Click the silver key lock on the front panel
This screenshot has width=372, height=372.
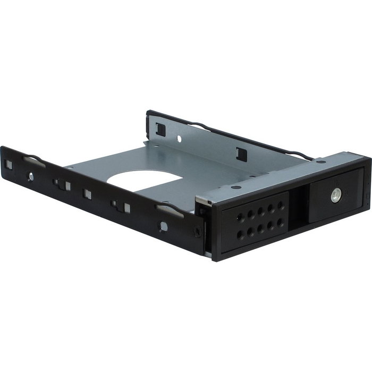click(336, 195)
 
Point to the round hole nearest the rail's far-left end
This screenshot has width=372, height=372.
click(30, 176)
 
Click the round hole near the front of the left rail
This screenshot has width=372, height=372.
click(163, 226)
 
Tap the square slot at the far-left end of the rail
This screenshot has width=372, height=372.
click(9, 165)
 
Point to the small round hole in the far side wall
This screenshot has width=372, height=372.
click(179, 139)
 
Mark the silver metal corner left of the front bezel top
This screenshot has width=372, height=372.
click(202, 200)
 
